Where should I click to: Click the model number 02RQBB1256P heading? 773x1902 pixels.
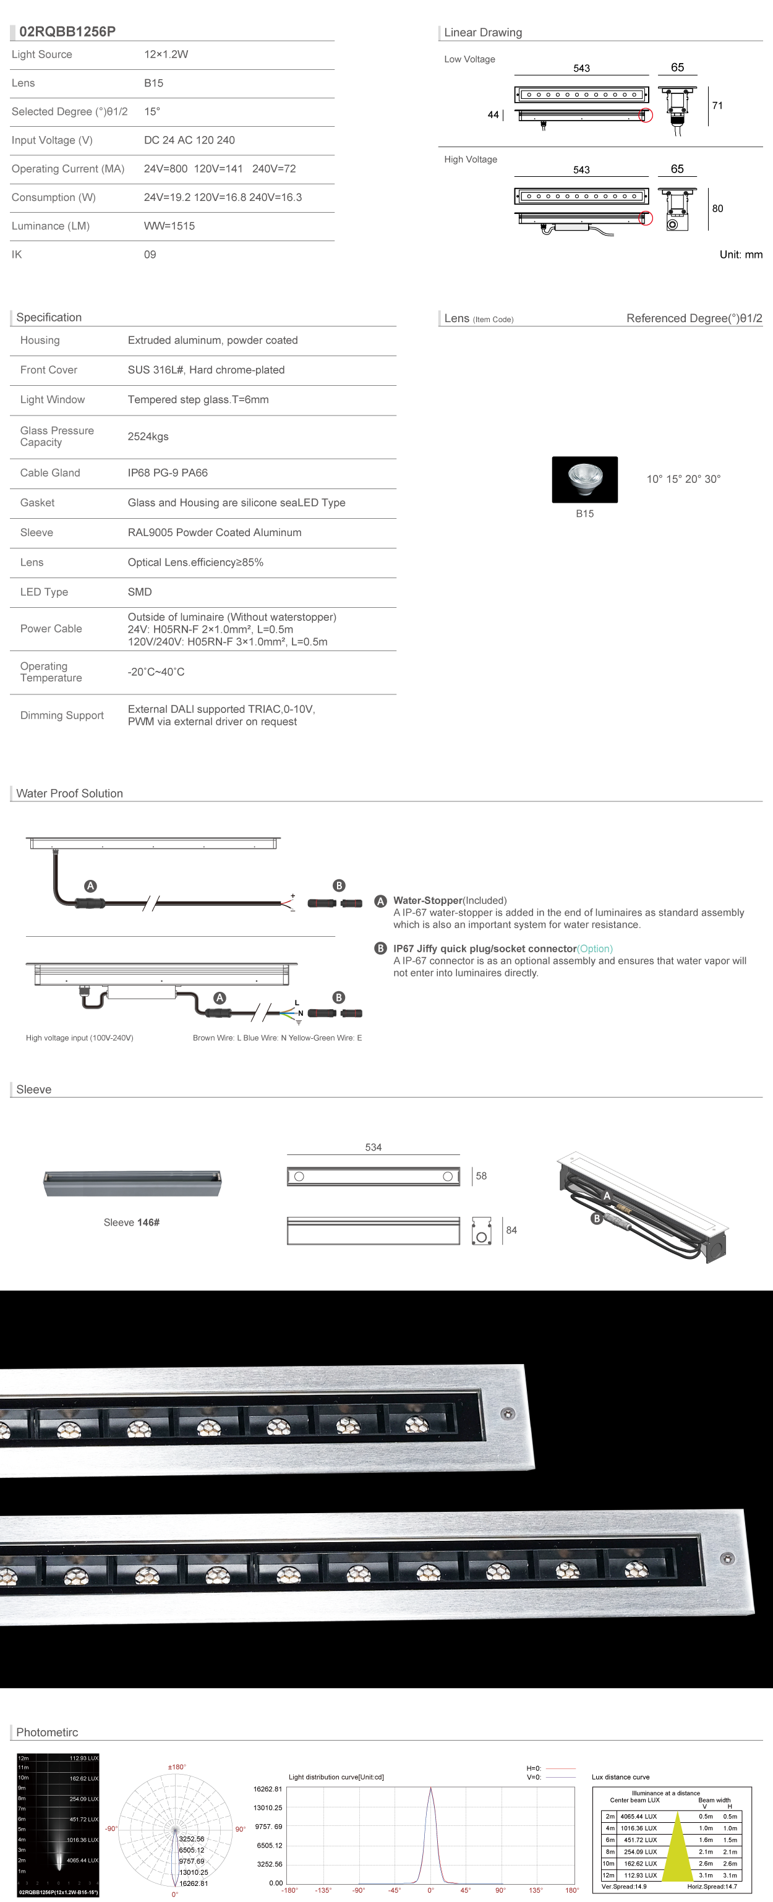tap(67, 32)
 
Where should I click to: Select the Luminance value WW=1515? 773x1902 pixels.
tap(169, 226)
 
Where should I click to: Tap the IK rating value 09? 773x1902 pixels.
tap(150, 255)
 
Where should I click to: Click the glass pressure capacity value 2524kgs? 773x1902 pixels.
tap(148, 437)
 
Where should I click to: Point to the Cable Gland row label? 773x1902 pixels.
tap(50, 472)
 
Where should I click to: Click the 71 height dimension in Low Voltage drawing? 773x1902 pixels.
tap(717, 106)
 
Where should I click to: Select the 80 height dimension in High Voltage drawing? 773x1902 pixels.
tap(717, 208)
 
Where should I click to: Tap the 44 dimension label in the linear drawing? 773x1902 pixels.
tap(492, 114)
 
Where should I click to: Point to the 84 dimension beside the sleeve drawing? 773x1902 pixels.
tap(511, 1230)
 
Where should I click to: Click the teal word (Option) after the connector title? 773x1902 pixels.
tap(594, 949)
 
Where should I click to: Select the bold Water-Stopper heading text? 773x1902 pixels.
tap(427, 901)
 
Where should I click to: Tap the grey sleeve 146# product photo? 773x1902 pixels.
tap(132, 1183)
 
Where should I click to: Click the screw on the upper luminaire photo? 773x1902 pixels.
tap(508, 1414)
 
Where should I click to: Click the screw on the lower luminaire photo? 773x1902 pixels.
tap(727, 1559)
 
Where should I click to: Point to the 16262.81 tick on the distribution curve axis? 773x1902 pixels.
tap(267, 1789)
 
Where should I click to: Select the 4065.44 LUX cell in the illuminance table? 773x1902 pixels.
tap(639, 1816)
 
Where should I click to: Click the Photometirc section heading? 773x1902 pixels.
tap(46, 1732)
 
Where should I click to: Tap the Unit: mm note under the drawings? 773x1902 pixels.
tap(740, 255)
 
